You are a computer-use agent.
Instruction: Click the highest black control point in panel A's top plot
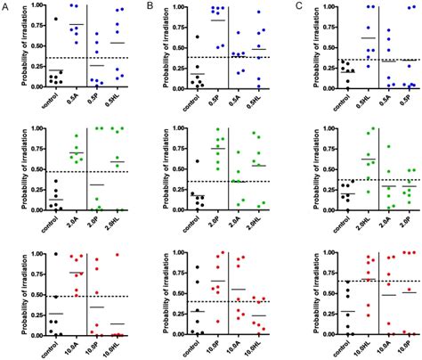[55, 19]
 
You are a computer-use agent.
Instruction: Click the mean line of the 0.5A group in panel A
[77, 24]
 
